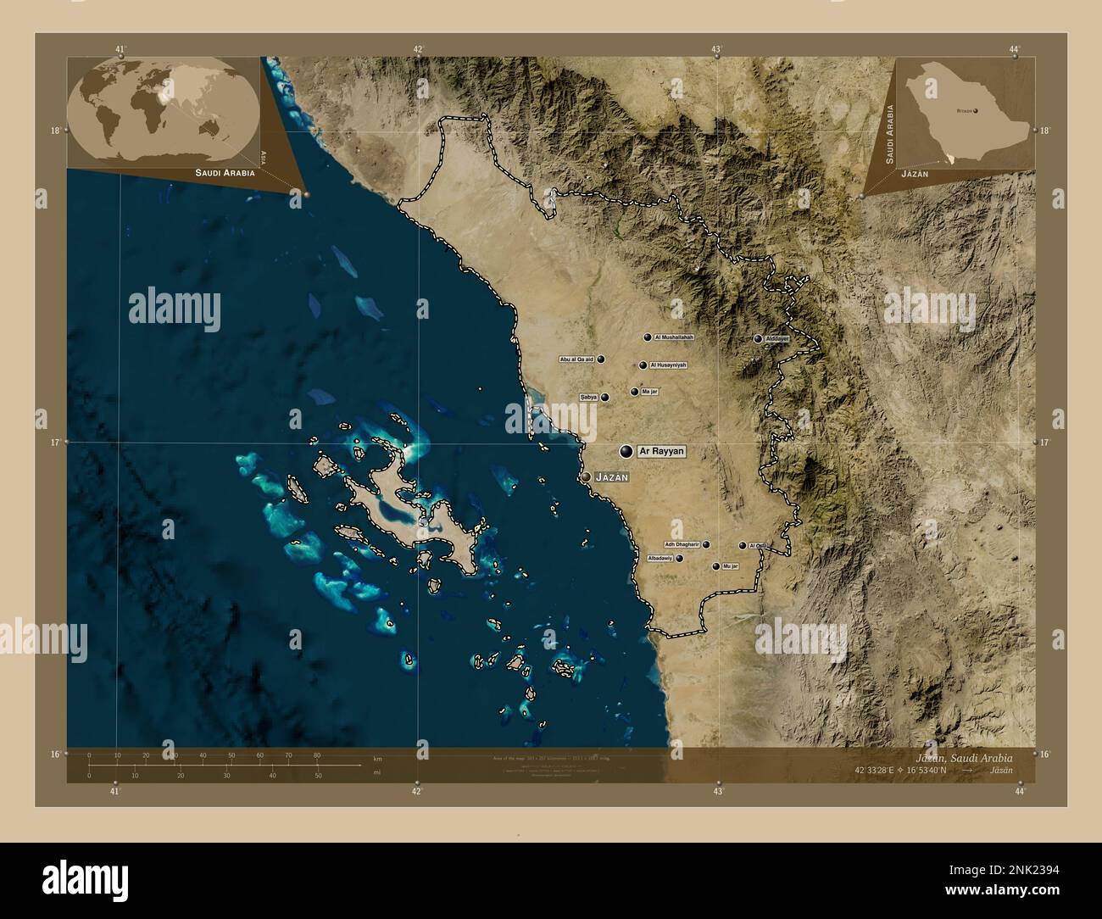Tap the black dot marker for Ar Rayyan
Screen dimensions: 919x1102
tap(626, 452)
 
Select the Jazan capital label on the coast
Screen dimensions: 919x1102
tap(612, 478)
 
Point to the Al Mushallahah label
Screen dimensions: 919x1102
tap(674, 337)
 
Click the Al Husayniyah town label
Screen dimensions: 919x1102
tap(668, 365)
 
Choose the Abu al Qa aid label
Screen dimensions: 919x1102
tap(576, 359)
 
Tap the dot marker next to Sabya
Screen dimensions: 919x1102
tap(605, 397)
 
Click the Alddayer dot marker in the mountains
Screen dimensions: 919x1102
tap(758, 339)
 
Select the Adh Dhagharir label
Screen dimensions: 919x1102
tap(682, 544)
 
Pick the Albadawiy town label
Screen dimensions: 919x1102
tap(660, 559)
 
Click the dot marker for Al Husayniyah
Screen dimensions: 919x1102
tap(643, 366)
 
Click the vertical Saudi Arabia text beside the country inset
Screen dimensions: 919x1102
tap(890, 134)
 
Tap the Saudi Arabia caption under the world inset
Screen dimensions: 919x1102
tap(225, 173)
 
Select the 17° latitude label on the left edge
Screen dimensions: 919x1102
tap(55, 443)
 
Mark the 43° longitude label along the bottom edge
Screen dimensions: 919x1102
tap(717, 791)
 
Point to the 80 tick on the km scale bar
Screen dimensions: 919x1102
tap(317, 755)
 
